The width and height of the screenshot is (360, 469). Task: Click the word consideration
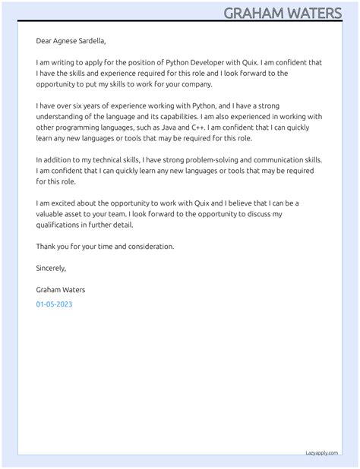click(147, 247)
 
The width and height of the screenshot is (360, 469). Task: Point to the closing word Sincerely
click(51, 268)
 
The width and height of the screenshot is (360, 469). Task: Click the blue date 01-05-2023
click(54, 304)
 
